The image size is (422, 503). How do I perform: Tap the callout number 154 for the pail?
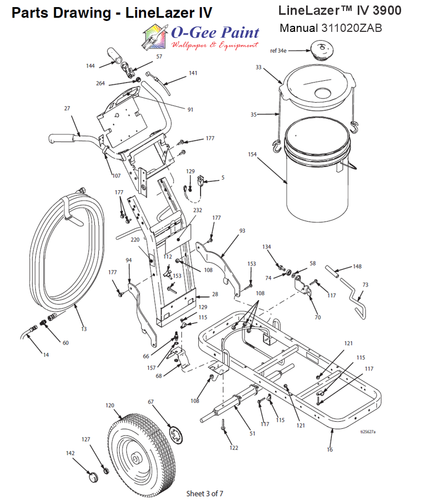(x=252, y=156)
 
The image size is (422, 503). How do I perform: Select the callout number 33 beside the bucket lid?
(x=259, y=68)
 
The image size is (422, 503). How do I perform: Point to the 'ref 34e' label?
(x=279, y=51)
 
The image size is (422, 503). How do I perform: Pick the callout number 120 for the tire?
(x=110, y=405)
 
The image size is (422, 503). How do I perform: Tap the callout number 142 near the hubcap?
(x=70, y=454)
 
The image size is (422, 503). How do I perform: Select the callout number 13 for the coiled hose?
(x=84, y=329)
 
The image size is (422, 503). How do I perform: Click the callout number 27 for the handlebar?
(x=67, y=108)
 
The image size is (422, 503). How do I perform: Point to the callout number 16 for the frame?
(x=330, y=449)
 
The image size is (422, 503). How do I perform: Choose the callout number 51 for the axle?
(x=252, y=434)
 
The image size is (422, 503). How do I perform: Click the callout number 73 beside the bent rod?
(x=365, y=285)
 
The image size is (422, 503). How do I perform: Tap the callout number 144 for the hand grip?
(x=90, y=66)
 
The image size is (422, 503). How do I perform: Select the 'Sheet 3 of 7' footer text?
(x=205, y=493)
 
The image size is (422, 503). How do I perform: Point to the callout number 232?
(x=197, y=210)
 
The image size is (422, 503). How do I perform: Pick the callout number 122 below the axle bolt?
(x=234, y=447)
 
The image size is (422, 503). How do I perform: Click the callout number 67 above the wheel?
(x=151, y=402)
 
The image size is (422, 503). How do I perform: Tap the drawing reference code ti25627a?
(x=368, y=432)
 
